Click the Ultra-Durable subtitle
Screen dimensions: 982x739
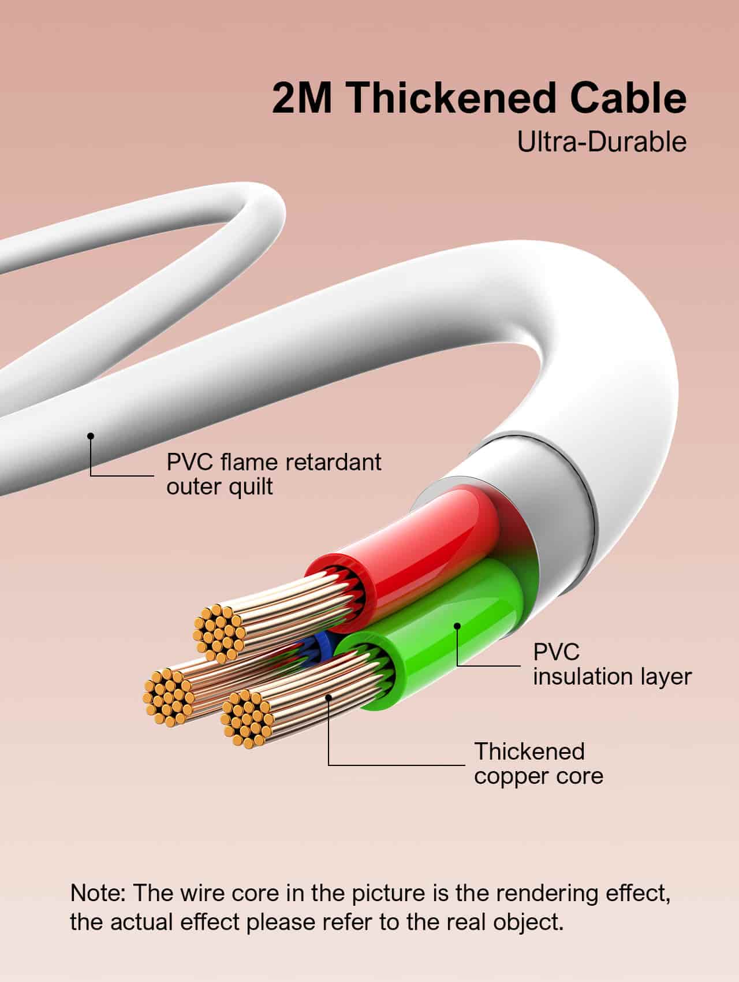(602, 142)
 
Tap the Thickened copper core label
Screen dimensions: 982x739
(538, 763)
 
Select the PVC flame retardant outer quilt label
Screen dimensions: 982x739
(274, 474)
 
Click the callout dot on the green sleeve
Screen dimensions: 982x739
(457, 625)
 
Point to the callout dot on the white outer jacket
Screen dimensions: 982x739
(90, 436)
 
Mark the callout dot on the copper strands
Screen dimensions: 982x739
(329, 697)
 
